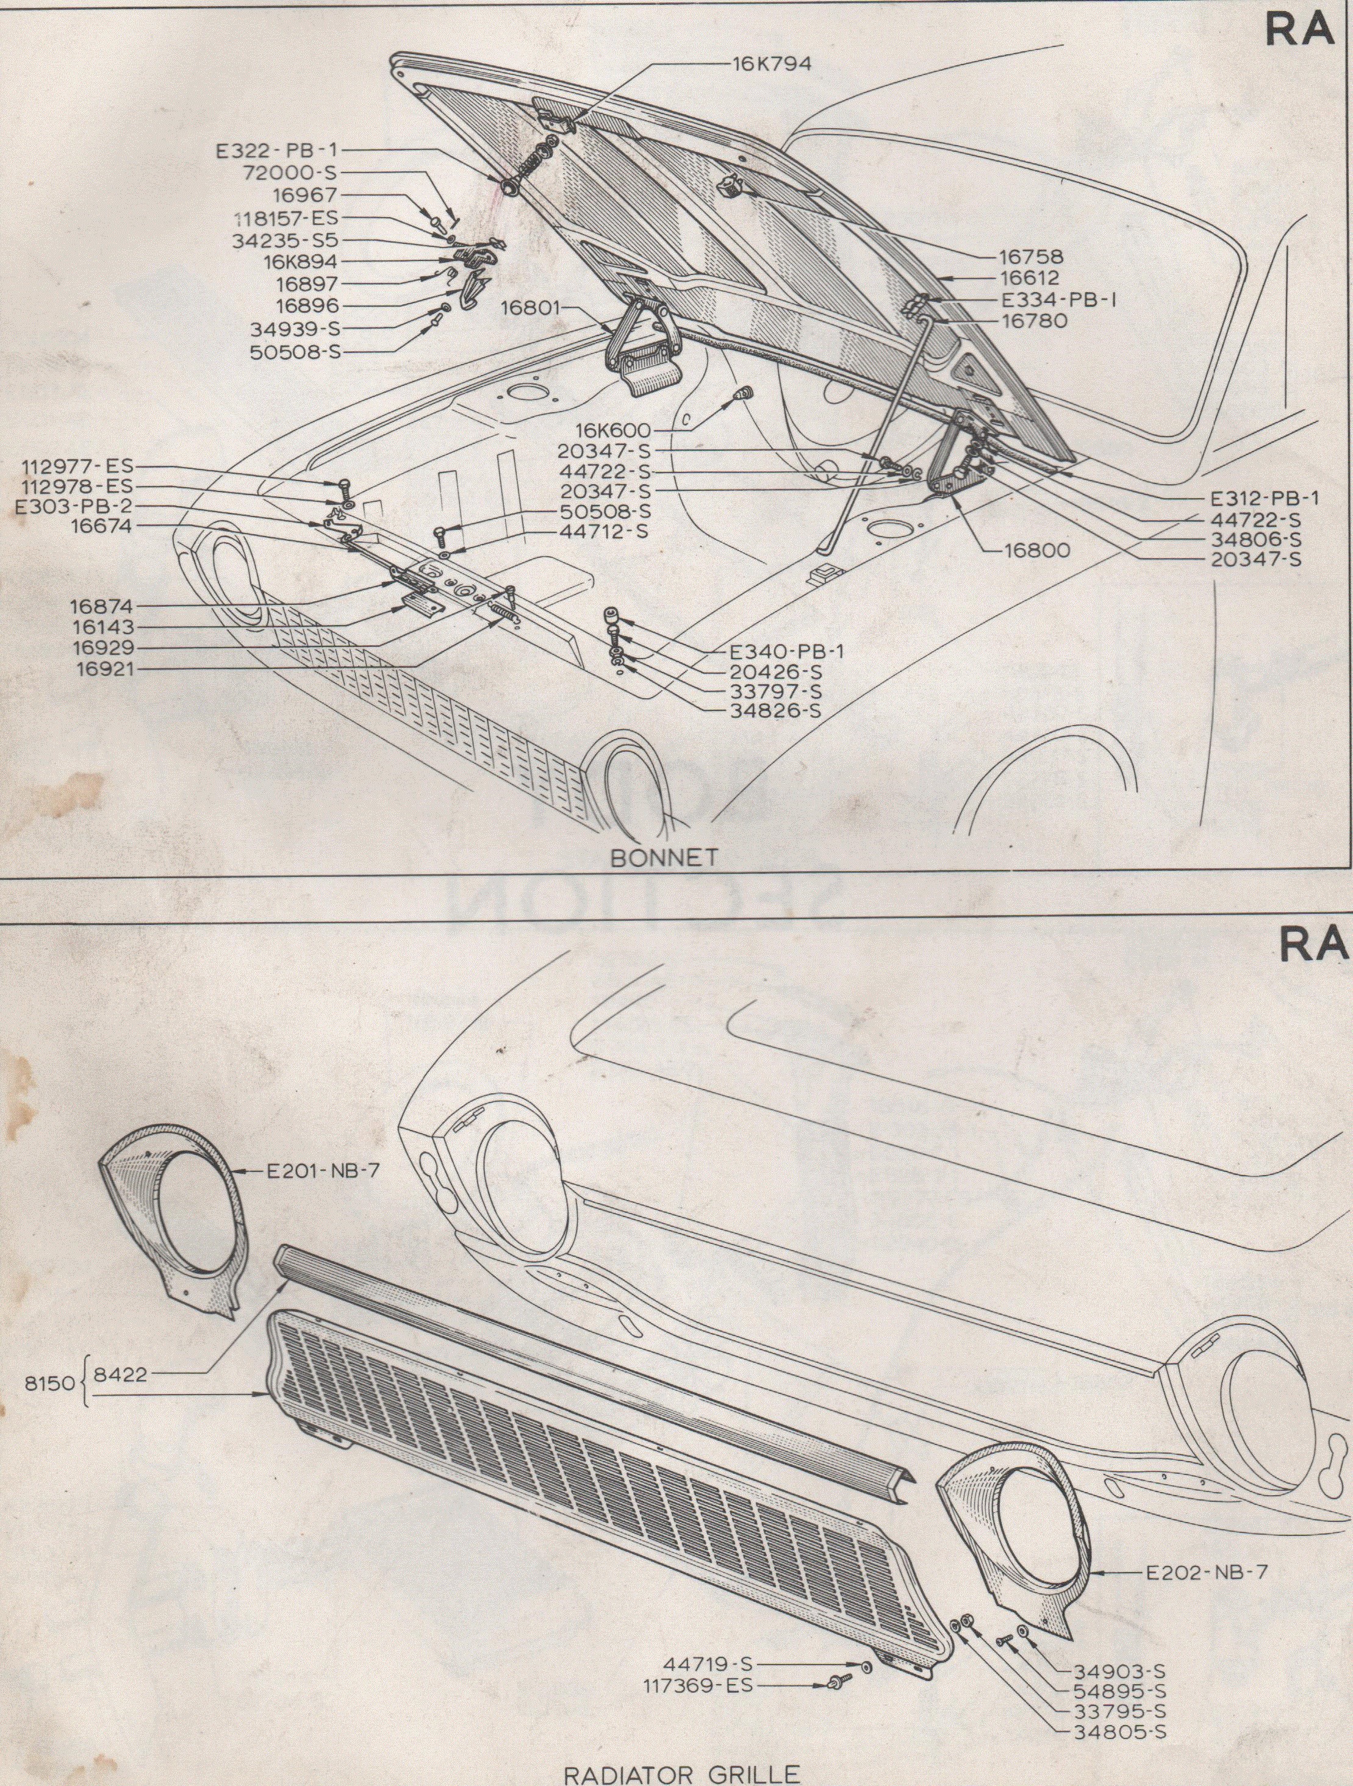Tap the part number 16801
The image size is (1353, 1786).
pos(526,309)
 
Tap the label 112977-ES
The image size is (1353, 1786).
pos(77,466)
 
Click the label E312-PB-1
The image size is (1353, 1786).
pos(1264,499)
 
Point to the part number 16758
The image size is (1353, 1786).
pos(1032,257)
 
